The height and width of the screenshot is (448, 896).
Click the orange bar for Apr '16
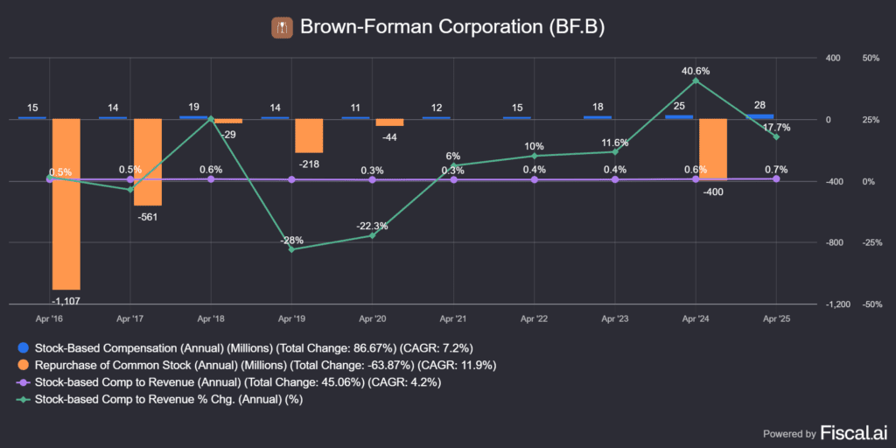66,203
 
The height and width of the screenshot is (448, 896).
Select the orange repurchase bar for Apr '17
147,162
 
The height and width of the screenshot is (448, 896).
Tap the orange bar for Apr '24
713,150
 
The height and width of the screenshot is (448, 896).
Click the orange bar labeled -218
309,136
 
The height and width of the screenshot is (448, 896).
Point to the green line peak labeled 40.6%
696,80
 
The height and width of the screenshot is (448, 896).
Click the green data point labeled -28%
291,249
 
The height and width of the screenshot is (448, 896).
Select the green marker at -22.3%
373,235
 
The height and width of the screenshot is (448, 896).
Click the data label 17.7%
776,128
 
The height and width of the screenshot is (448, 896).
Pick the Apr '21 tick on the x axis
453,320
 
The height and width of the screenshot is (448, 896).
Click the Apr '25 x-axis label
776,320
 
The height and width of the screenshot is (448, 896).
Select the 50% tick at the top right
870,58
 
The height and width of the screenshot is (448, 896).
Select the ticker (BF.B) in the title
577,27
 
